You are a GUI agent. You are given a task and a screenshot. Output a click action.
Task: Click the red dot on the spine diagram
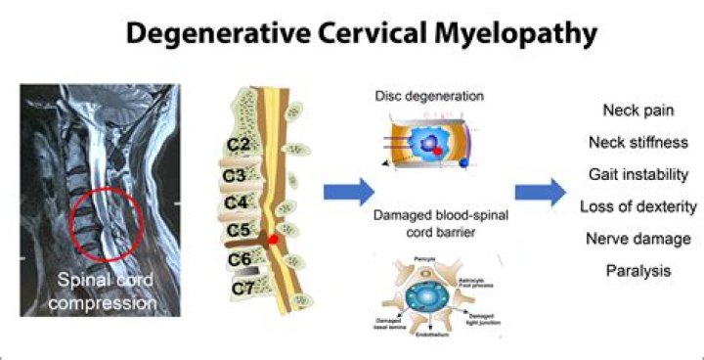click(275, 238)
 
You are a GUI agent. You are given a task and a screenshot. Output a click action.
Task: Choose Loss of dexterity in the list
click(637, 207)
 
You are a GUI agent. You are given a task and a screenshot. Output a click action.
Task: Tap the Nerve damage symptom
click(637, 239)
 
